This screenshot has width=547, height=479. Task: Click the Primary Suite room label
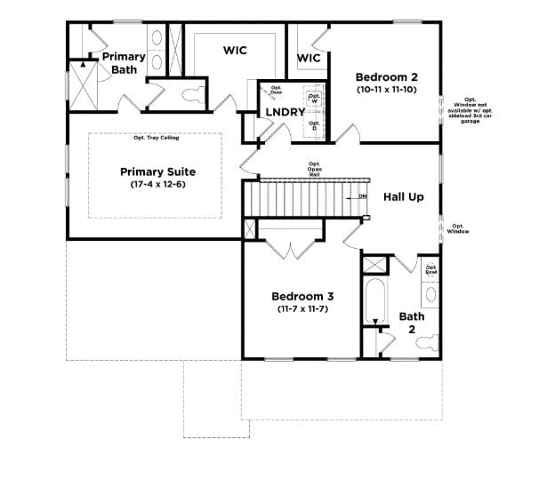pos(157,172)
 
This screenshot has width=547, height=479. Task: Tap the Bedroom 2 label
pos(386,76)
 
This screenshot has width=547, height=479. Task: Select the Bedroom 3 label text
pos(302,296)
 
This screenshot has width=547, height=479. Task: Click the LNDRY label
pos(285,112)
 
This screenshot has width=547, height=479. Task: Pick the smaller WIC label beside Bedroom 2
pos(308,58)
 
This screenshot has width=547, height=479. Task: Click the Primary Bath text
pos(123,63)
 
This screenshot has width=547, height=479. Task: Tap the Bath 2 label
pos(411,322)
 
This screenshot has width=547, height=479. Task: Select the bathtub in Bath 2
pos(373,302)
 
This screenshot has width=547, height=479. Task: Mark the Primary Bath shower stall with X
pos(84,86)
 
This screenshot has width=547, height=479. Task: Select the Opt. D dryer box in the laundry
pos(313,127)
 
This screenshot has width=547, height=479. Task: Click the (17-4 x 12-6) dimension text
pos(157,185)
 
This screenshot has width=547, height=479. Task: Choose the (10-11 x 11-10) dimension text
pos(386,90)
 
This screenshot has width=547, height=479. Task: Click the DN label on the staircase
pos(362,196)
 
